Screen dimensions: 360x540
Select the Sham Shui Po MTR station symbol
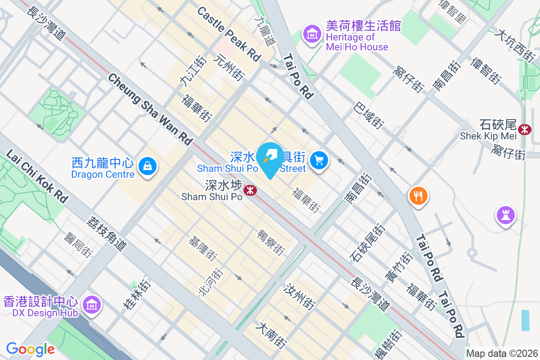pyautogui.click(x=250, y=191)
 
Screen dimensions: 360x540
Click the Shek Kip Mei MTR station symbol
pyautogui.click(x=524, y=130)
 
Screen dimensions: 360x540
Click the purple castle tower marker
pyautogui.click(x=505, y=215)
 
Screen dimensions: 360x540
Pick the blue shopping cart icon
pyautogui.click(x=319, y=160)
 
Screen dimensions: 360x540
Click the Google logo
pyautogui.click(x=30, y=349)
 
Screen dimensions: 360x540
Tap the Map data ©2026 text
pyautogui.click(x=502, y=353)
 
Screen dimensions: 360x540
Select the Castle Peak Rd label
pyautogui.click(x=229, y=34)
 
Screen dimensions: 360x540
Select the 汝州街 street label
pyautogui.click(x=299, y=297)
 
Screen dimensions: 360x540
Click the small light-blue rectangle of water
pyautogui.click(x=526, y=320)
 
